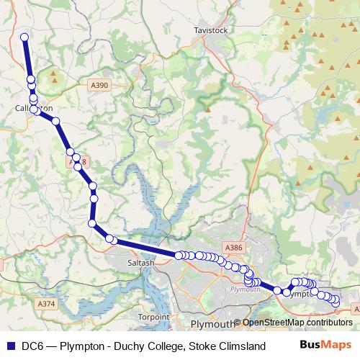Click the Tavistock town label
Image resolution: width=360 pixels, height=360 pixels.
211,31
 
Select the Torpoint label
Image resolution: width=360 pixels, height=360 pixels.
153,316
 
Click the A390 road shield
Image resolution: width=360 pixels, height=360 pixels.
100,86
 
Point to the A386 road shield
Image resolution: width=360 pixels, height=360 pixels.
234,248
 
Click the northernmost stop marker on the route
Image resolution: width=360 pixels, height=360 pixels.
24,37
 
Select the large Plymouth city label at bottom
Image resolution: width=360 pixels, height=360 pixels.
213,323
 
